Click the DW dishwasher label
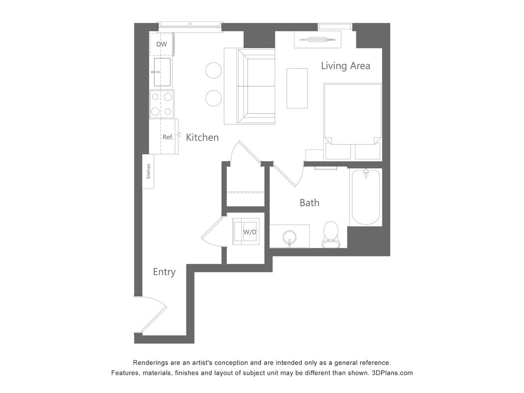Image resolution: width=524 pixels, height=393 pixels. point(161,44)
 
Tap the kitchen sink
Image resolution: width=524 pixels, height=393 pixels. point(162,72)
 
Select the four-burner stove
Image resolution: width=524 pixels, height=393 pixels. point(162,104)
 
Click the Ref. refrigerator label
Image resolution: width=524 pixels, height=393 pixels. point(168,137)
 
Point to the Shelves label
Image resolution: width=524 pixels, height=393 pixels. point(149,171)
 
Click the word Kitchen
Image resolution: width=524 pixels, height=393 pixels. point(202,137)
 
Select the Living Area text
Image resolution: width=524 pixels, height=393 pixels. point(345,66)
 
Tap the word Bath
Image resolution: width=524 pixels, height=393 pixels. point(309,203)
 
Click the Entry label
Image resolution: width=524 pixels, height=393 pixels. point(164,272)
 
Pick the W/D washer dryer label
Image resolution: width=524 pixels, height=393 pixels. point(250,231)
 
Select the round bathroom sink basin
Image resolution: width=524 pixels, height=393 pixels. point(290,237)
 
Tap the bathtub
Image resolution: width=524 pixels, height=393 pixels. point(366,198)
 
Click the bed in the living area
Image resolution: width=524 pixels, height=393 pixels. point(353,116)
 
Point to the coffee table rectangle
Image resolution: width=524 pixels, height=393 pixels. point(297,88)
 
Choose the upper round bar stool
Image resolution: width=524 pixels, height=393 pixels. point(213,70)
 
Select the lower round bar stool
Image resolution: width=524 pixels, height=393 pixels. point(213,98)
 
